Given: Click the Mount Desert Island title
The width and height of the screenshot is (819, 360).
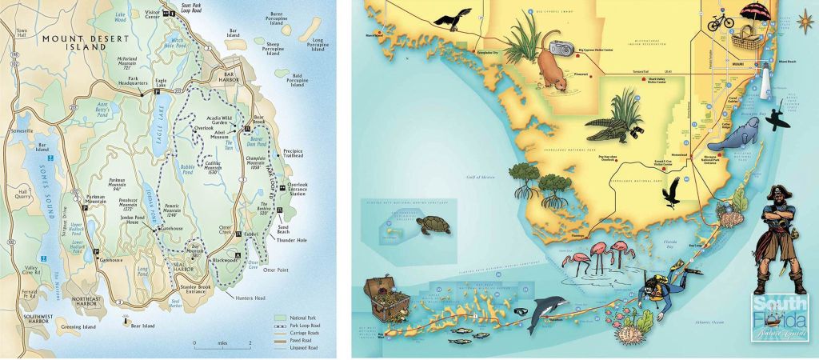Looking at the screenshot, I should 75,42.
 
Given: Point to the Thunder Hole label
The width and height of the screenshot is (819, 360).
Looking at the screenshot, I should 292,239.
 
